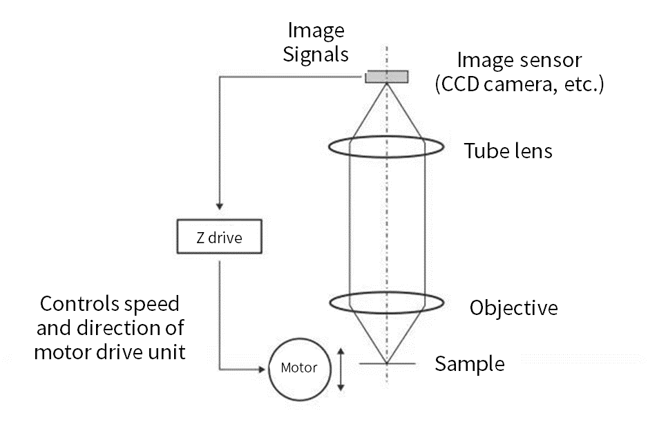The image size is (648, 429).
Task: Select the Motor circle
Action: [298, 368]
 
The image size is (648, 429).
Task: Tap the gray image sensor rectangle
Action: [386, 76]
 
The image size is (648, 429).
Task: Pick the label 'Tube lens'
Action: [508, 151]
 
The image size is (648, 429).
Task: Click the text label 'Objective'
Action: [513, 307]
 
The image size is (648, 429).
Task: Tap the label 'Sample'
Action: [469, 363]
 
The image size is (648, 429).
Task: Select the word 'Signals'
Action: [316, 54]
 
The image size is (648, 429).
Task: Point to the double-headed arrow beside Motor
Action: [340, 369]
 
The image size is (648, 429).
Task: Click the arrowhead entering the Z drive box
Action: [219, 206]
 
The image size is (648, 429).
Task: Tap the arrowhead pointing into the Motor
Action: [262, 369]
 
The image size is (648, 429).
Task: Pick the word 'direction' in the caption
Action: [131, 327]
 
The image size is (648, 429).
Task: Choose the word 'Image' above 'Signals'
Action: [316, 31]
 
